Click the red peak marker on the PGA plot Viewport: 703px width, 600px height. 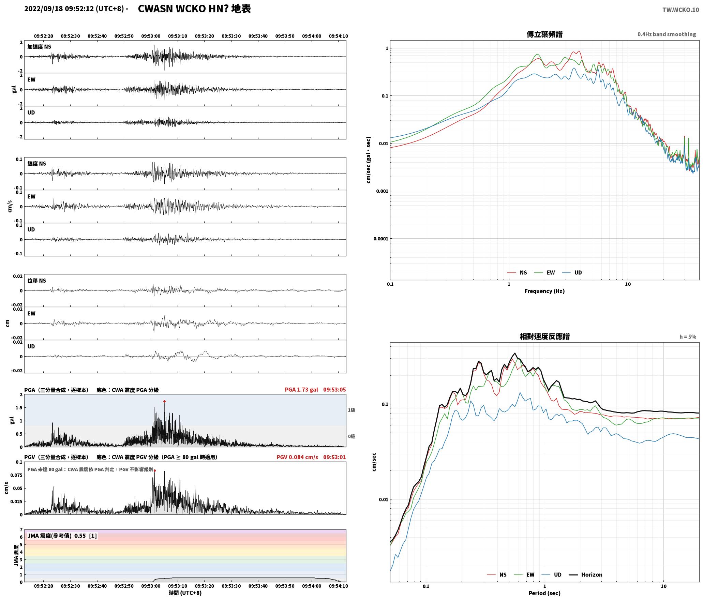(164, 402)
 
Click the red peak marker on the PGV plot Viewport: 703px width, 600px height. (155, 470)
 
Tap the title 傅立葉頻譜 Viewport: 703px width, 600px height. (544, 34)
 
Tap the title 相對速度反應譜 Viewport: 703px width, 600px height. (544, 336)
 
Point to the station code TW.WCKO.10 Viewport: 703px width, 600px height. (680, 10)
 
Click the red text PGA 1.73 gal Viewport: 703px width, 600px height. (301, 390)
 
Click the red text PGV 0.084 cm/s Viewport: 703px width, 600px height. (297, 457)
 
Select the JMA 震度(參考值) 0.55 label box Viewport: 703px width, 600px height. (62, 536)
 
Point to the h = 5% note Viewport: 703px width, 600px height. (688, 337)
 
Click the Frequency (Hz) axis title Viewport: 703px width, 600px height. (544, 291)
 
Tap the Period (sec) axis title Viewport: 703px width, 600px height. (544, 593)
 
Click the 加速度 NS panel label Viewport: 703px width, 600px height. (39, 47)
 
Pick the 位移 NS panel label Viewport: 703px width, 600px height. (37, 281)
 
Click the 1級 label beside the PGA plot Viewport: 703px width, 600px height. (351, 410)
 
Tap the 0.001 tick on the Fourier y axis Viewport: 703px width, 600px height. (382, 191)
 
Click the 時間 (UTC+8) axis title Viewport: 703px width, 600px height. (185, 593)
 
